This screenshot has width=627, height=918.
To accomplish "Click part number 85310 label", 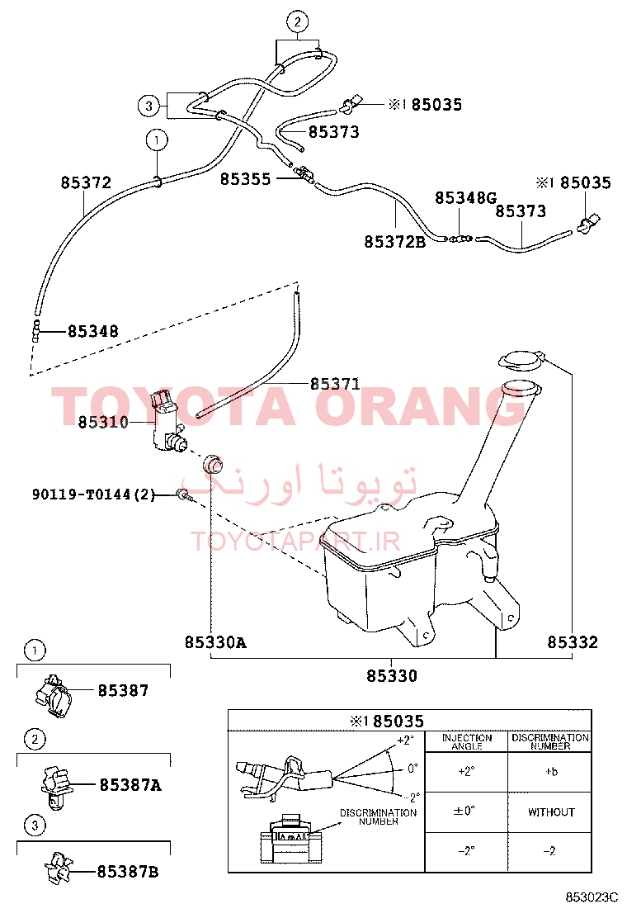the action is (103, 422).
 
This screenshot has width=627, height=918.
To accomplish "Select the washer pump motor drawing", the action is (167, 422).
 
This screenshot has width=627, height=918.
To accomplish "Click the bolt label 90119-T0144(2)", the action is (94, 494).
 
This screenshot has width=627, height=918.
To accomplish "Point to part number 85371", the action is (335, 384).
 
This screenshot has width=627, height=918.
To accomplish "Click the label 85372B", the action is (395, 242).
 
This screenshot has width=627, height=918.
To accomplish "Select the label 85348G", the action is (465, 198).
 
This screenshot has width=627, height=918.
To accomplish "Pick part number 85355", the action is (246, 179).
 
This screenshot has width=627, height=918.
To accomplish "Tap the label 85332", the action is (573, 642).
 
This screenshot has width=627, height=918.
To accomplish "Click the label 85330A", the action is (215, 642).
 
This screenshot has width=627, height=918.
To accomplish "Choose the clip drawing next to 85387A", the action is (55, 784).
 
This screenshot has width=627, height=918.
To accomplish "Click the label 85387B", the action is (128, 872).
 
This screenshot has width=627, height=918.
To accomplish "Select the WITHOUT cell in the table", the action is (551, 812).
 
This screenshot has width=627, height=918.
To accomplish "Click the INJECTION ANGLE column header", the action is (467, 742).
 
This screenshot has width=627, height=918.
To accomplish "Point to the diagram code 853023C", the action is (592, 897).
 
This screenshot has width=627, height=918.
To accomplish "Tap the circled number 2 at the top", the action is (297, 21).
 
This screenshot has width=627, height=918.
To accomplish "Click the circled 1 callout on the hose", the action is (156, 140).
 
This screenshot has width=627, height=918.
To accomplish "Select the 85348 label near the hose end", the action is (93, 331).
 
